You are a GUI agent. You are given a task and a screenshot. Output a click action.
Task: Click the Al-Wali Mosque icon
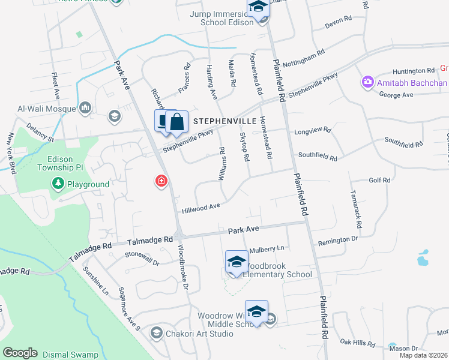tap(85, 108)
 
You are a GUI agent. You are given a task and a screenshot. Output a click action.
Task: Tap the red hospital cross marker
tap(161, 180)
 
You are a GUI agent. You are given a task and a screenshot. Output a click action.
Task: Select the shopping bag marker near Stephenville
tap(177, 122)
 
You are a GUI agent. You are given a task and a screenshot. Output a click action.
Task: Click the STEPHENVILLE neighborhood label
tap(224, 121)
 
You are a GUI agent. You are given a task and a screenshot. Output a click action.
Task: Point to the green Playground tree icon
tap(58, 184)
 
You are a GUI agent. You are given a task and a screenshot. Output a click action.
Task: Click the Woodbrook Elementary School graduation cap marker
tap(237, 262)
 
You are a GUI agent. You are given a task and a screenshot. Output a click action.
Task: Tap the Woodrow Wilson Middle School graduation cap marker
tap(256, 312)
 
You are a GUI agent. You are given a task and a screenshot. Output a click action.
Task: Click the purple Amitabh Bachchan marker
tap(367, 82)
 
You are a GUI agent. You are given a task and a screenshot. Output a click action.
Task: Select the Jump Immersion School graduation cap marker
tap(258, 8)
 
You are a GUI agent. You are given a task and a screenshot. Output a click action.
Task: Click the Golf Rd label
tap(379, 180)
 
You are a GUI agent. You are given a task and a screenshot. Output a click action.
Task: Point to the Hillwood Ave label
tap(201, 208)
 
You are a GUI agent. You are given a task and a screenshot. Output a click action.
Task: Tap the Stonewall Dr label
tap(142, 259)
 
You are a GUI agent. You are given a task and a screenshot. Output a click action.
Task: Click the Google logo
tap(20, 353)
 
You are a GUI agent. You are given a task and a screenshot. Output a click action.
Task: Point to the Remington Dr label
tap(337, 240)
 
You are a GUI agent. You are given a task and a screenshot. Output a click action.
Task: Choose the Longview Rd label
tap(312, 130)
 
